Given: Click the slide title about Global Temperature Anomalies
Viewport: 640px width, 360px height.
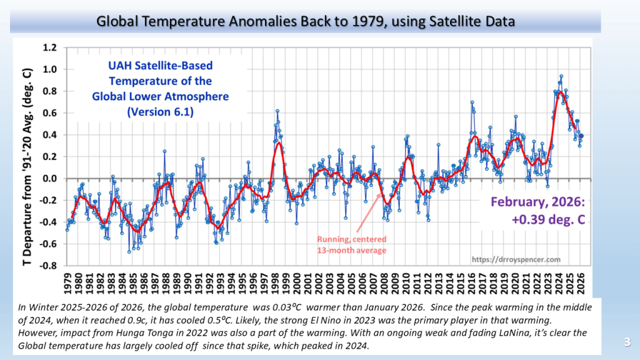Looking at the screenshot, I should pos(306,21).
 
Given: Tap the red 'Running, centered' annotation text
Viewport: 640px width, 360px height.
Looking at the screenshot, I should pos(351,239).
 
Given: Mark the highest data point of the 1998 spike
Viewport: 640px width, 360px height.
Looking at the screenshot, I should pos(277,111).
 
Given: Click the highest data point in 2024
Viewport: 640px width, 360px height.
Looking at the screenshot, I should pos(561,76).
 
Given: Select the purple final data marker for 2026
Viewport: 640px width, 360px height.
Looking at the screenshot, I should pos(581,136).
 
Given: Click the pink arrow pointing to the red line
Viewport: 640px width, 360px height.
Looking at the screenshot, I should pos(369,212).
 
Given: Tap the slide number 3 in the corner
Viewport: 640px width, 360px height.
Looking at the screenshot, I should pos(627,341).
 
